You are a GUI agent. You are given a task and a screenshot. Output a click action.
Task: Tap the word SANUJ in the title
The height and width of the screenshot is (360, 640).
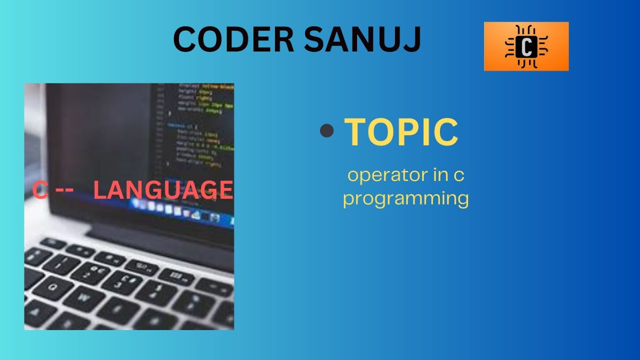coord(362,40)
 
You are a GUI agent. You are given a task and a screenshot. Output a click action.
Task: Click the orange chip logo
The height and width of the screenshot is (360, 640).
coord(526,46)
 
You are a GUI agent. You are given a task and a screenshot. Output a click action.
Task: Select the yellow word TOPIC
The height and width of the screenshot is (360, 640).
coord(401,132)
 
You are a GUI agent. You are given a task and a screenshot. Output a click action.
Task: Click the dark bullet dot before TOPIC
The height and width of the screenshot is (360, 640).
coord(326,131)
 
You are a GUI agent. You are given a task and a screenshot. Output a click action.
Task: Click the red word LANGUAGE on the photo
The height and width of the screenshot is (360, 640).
coord(163,190)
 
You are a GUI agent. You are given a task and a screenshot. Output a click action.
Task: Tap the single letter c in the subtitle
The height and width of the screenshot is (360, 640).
coord(459,176)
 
